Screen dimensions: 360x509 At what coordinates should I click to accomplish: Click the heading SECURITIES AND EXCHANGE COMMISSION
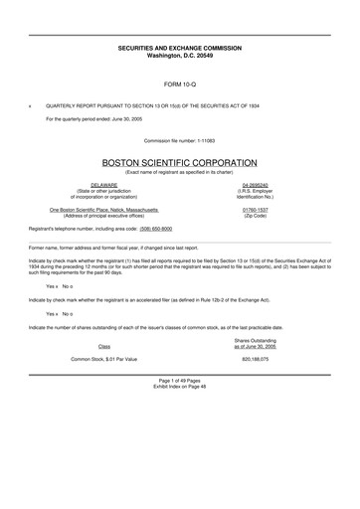click(x=179, y=48)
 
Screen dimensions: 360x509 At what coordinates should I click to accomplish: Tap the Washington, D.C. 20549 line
click(x=179, y=56)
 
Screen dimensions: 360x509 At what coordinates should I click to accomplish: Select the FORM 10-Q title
click(x=179, y=85)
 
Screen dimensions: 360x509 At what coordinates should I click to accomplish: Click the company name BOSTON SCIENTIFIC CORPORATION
click(x=179, y=163)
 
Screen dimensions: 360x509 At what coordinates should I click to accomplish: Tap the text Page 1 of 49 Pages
click(x=179, y=408)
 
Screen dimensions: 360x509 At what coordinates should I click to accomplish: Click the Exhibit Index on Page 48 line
click(x=179, y=415)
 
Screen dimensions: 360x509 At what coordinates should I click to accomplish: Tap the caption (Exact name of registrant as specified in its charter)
click(x=179, y=173)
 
